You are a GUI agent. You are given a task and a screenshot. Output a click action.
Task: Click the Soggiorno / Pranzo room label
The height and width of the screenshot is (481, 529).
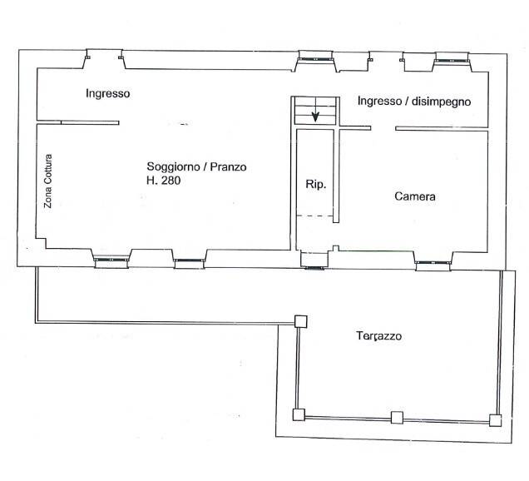pyautogui.click(x=196, y=166)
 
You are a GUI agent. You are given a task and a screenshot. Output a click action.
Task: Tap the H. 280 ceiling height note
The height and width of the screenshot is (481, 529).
pyautogui.click(x=163, y=181)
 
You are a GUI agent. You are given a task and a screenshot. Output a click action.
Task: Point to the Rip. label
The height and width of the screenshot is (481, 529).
pyautogui.click(x=315, y=184)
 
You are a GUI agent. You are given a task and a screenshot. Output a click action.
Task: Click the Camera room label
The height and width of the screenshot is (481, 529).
pyautogui.click(x=415, y=197)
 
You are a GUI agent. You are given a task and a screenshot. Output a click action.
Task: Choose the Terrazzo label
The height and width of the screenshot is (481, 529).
pyautogui.click(x=379, y=337)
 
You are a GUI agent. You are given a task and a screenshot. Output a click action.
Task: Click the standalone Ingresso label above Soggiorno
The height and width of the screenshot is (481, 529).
pyautogui.click(x=107, y=94)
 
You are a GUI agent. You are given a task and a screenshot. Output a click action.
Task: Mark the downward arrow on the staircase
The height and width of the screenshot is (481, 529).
pyautogui.click(x=316, y=115)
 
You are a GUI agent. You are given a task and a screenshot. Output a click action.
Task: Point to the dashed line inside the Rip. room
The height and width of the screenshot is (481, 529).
pyautogui.click(x=315, y=217)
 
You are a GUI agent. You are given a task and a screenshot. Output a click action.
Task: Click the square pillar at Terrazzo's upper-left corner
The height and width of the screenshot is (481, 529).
pyautogui.click(x=300, y=321)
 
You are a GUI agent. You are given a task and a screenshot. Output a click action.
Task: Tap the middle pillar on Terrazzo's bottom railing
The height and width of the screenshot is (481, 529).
pyautogui.click(x=397, y=418)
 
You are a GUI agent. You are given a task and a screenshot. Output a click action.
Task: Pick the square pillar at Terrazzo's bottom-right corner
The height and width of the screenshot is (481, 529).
pyautogui.click(x=496, y=419)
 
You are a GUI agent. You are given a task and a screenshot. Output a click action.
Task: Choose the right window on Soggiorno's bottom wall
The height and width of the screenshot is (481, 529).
pyautogui.click(x=188, y=262)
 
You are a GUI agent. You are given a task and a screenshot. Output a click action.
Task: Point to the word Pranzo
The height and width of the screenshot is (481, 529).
pyautogui.click(x=228, y=166)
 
